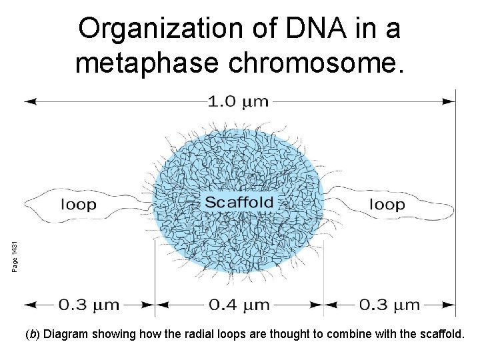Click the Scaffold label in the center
238,203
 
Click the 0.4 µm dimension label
239,305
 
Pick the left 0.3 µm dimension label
89,305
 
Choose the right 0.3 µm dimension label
390,305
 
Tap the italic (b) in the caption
31,334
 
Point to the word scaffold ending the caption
439,334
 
